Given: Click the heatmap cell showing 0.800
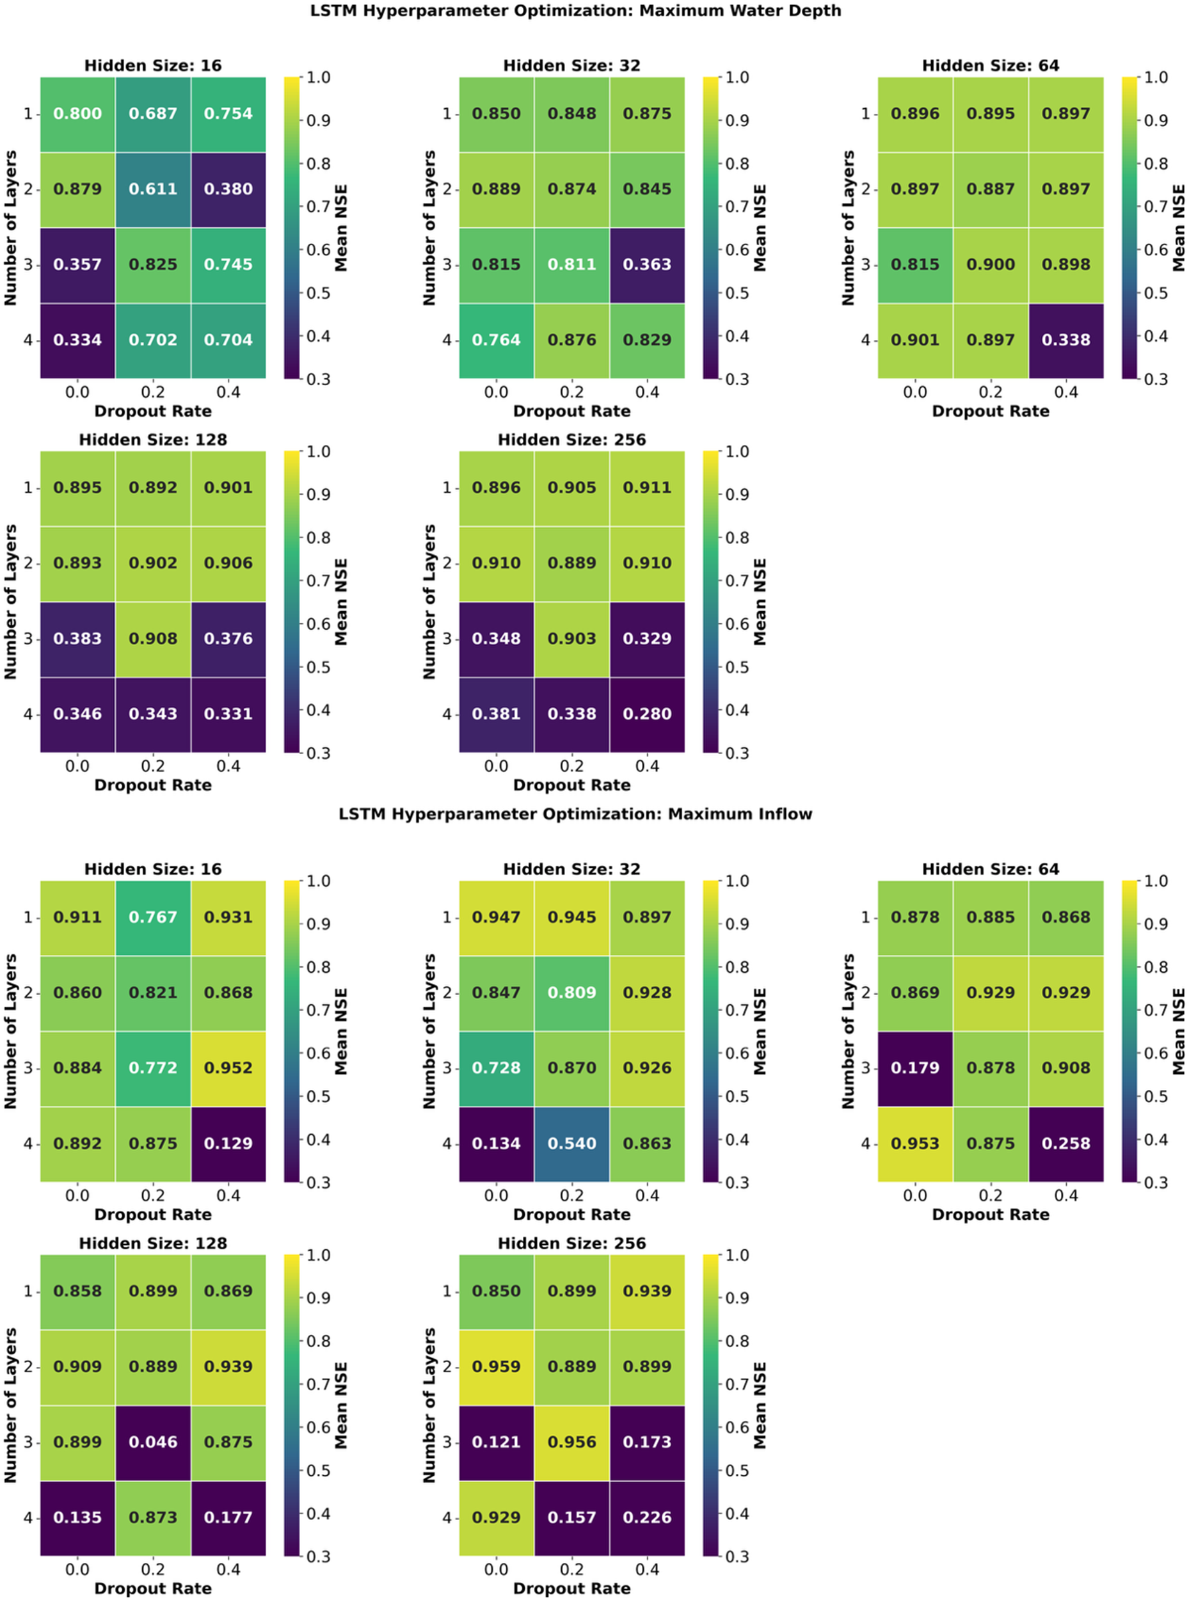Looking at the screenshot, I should pos(77,114).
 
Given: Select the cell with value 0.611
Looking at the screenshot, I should pos(152,189).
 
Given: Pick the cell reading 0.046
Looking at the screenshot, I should pos(152,1442).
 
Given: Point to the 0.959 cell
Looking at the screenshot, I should pos(496,1366).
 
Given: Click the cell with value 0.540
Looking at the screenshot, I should pos(571,1143).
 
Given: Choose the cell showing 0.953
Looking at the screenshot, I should pos(914,1143).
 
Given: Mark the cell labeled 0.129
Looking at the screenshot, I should pos(228,1143).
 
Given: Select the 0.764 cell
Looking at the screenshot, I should pos(496,340).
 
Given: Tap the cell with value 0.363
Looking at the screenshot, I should pos(647,264).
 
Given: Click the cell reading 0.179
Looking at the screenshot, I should pos(914,1068).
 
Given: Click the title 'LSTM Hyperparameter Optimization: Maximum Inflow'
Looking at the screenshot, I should pos(575,814).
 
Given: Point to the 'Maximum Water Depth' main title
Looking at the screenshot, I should pos(575,11).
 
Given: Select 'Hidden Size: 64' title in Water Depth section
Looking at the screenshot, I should pos(991,65).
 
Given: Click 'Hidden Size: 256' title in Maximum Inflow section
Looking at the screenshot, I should pos(571,1243).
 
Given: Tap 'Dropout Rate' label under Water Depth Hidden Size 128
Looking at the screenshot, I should pos(152,785).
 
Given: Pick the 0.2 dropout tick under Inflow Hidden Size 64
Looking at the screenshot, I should pos(991,1196).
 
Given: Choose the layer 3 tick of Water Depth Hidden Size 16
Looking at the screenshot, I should pos(28,264).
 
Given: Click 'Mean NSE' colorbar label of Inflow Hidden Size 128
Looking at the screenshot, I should pos(341,1405).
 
